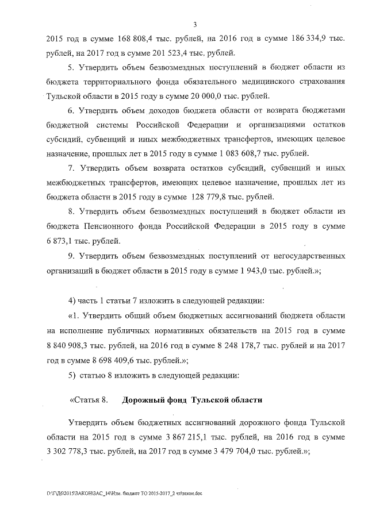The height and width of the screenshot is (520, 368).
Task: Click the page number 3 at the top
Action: pos(195,24)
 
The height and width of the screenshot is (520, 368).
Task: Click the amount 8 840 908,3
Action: pos(67,346)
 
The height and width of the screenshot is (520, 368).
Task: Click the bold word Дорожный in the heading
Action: pos(148,400)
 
